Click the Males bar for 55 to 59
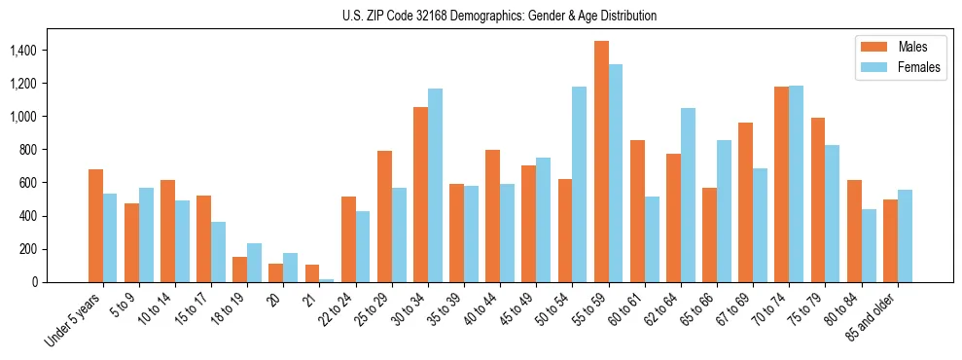601,162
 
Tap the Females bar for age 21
327,280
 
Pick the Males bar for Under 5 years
95,226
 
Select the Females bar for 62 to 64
688,196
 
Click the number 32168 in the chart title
456,16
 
